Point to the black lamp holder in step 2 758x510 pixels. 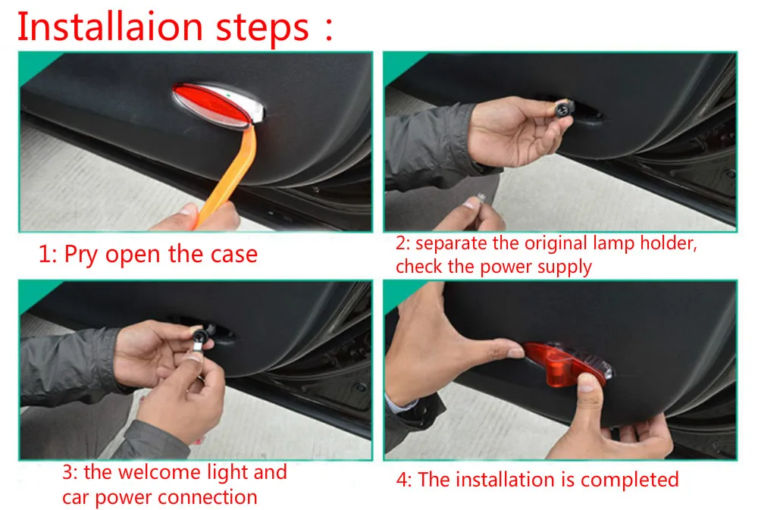coord(563,108)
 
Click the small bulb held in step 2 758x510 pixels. coord(481,197)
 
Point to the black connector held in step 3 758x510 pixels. coord(200,336)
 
